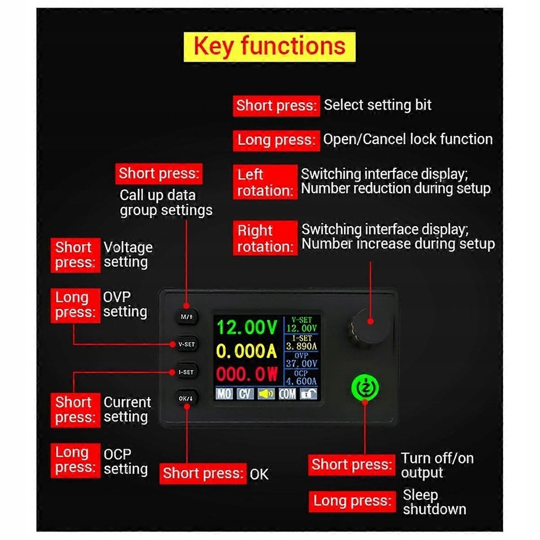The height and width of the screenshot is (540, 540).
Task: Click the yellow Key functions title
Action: click(x=269, y=46)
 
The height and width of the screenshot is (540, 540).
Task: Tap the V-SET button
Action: click(x=186, y=344)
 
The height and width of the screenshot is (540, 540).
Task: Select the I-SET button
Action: click(x=186, y=372)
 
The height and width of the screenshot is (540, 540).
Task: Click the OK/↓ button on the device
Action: click(x=186, y=398)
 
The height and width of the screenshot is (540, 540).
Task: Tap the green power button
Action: click(x=364, y=389)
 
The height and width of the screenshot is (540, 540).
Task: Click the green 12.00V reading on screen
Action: click(x=247, y=327)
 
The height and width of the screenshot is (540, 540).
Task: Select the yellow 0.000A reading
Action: click(x=247, y=351)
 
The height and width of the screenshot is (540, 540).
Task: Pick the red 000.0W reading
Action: click(x=247, y=374)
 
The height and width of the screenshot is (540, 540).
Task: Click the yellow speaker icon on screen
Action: click(x=266, y=393)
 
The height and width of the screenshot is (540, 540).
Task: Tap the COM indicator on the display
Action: click(x=287, y=393)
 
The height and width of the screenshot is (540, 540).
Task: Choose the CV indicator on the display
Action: click(x=245, y=393)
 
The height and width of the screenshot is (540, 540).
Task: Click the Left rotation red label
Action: click(x=265, y=182)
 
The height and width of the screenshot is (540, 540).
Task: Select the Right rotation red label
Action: click(x=265, y=238)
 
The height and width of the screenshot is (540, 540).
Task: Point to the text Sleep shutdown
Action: click(x=434, y=502)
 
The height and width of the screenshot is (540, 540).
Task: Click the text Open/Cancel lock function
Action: click(x=408, y=139)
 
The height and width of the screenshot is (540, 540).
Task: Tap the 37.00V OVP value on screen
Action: click(x=302, y=363)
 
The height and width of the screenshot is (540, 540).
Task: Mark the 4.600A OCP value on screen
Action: click(x=302, y=381)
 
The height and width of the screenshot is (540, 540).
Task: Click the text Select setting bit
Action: click(x=378, y=105)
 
